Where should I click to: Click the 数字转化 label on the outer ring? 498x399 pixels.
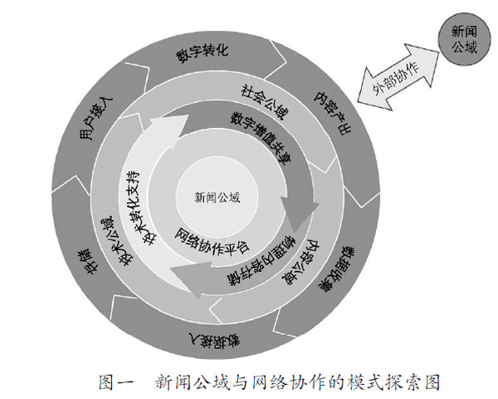(202, 55)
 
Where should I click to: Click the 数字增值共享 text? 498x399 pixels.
(255, 137)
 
